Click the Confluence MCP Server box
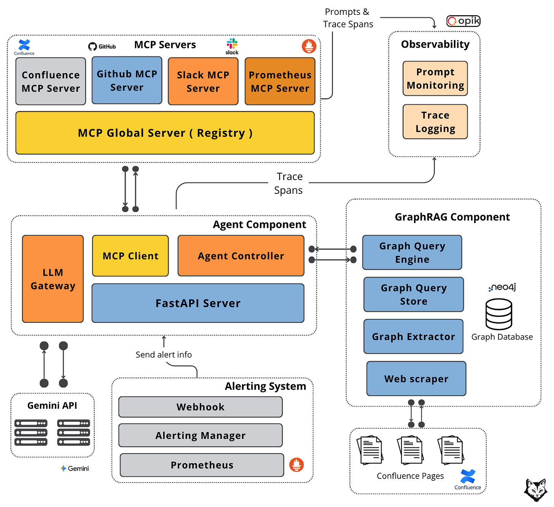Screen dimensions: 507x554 click(x=51, y=81)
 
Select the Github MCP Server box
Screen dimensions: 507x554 click(x=127, y=80)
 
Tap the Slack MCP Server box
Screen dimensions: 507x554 click(x=203, y=81)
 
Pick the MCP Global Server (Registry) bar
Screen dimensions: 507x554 click(x=165, y=133)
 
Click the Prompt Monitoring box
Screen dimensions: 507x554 click(x=435, y=78)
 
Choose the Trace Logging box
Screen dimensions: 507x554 click(x=435, y=122)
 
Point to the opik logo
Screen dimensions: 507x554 click(x=463, y=21)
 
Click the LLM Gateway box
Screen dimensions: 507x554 click(x=53, y=279)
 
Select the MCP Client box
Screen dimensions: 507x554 click(x=130, y=256)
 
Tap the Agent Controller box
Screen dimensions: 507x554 click(x=241, y=256)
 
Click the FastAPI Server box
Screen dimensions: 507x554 click(x=198, y=303)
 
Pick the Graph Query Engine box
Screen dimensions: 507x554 click(x=412, y=252)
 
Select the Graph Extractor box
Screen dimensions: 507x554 click(x=413, y=336)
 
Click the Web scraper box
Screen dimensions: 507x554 click(x=416, y=379)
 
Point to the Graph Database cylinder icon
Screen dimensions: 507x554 click(x=499, y=314)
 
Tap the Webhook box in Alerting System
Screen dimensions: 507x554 click(x=201, y=407)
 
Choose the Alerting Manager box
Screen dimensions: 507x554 click(x=201, y=435)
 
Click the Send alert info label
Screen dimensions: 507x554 click(x=164, y=355)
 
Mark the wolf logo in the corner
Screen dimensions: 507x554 click(x=536, y=490)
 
